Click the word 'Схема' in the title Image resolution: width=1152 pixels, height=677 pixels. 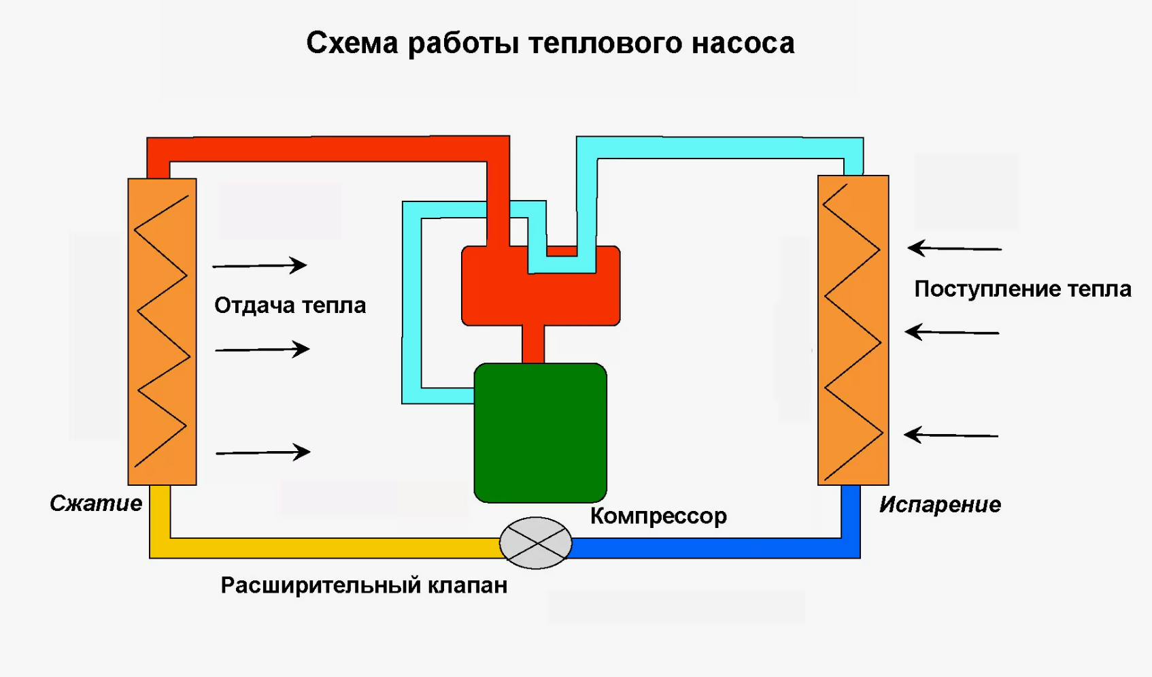click(x=352, y=44)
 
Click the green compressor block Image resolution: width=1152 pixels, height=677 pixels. click(x=540, y=433)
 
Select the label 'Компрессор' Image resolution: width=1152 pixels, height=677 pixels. click(x=658, y=516)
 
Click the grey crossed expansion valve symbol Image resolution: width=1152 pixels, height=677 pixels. click(x=536, y=543)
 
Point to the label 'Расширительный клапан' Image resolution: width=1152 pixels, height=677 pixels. click(x=364, y=586)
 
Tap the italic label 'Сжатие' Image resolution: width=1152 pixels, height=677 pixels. click(x=96, y=503)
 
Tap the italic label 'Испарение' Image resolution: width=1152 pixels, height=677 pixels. click(x=940, y=505)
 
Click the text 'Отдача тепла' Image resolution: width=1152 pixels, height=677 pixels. click(x=290, y=306)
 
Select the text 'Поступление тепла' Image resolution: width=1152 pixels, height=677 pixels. click(x=1022, y=289)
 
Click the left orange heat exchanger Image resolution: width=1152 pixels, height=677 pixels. click(x=162, y=332)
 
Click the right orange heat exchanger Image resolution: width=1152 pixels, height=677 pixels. click(x=853, y=331)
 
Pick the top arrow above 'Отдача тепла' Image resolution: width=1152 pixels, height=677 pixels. click(x=260, y=265)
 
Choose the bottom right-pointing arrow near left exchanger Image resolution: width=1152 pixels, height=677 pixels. click(x=262, y=452)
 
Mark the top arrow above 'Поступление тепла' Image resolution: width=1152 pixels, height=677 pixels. click(x=954, y=248)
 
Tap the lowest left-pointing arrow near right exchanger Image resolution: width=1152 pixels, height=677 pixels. click(x=951, y=435)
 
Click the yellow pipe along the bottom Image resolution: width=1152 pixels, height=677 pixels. click(x=326, y=548)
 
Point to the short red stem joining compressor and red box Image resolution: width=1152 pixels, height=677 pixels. click(x=533, y=344)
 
